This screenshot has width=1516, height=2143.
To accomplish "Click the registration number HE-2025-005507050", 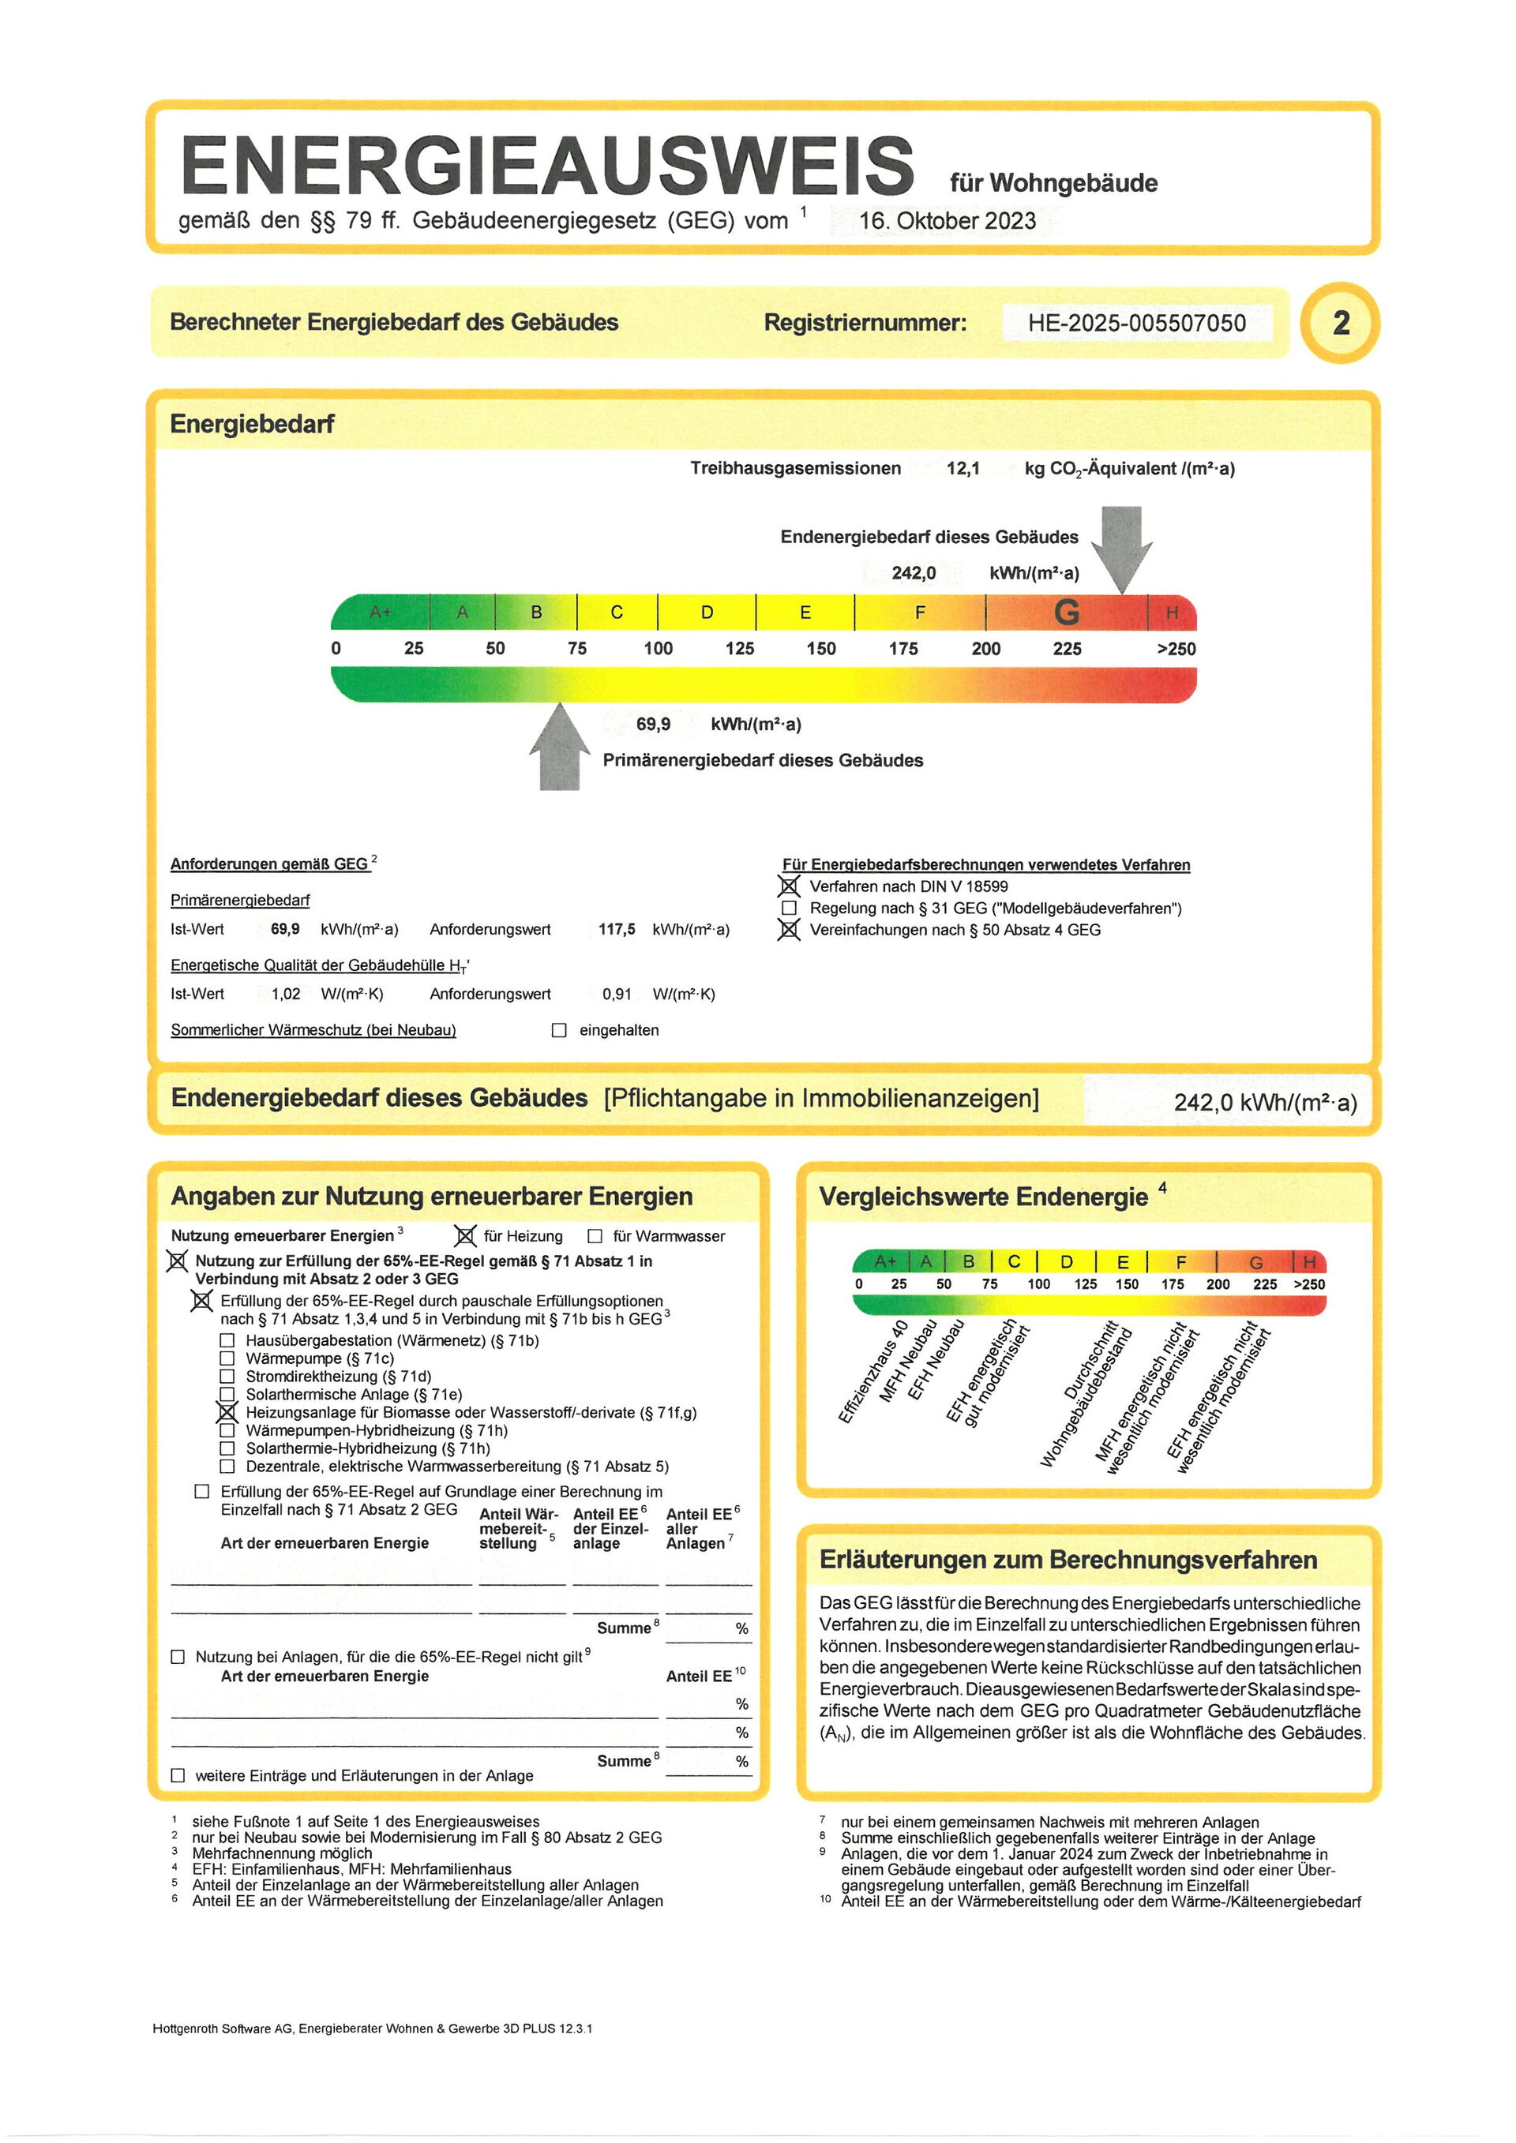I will pos(1136,323).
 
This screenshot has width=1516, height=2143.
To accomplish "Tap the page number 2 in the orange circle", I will pos(1341,323).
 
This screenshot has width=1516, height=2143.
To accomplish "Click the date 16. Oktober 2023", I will pos(947,221).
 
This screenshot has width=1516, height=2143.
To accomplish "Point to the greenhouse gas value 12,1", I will pos(963,469).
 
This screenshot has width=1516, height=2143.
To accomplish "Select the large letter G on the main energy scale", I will pos(1066,613).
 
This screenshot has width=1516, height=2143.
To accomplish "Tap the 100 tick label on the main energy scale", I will pos(658,649).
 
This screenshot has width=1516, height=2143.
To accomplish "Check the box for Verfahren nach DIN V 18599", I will pos(790,886).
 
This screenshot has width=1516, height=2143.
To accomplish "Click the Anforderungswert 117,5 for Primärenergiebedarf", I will pos(616,930).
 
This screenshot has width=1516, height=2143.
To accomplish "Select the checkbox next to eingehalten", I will pos(559,1030).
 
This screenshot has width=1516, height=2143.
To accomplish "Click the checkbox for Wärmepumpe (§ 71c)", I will pos(227,1359).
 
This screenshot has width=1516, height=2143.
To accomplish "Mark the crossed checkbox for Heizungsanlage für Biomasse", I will pos(227,1413).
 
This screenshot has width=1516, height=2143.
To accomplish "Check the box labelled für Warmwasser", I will pos(595,1237).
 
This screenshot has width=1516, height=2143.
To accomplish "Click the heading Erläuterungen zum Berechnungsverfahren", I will pos(1068,1560).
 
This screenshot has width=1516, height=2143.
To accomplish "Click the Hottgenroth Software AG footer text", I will pos(373,2029).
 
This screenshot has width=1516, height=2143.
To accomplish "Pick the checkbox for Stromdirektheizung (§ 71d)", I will pos(227,1377).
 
